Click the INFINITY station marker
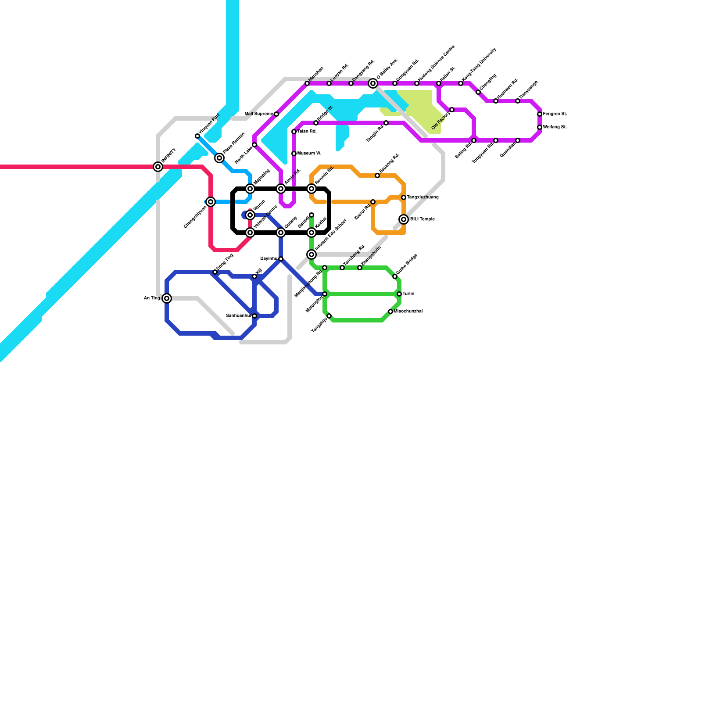(x=158, y=167)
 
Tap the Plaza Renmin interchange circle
(x=219, y=158)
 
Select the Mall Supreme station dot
(x=276, y=114)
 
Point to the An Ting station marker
(x=167, y=298)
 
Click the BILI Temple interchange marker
(x=404, y=219)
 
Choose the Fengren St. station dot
(x=540, y=114)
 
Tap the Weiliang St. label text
(x=555, y=127)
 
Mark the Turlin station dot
(x=399, y=294)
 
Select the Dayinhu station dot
(x=281, y=259)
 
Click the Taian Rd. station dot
(x=294, y=132)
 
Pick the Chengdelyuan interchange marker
(x=211, y=202)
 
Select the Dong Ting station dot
(x=215, y=272)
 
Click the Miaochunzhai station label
(x=408, y=312)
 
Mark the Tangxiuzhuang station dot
(x=404, y=197)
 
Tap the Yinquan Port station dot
(x=197, y=136)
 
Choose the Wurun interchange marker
(x=250, y=215)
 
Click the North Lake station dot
(x=254, y=145)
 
